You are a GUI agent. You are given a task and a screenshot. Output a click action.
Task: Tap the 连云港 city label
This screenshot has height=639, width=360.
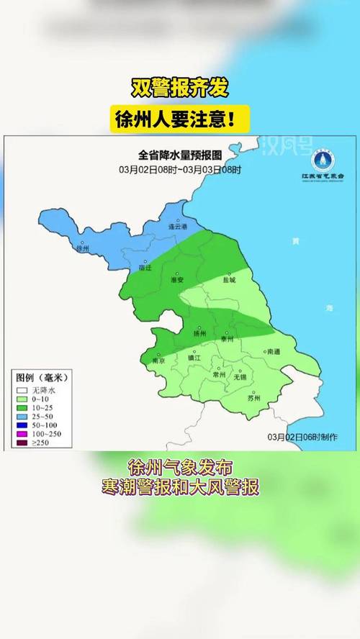177,227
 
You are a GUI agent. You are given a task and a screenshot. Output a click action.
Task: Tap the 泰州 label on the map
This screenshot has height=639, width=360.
227,337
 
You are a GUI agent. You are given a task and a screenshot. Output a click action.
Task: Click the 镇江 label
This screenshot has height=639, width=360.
194,358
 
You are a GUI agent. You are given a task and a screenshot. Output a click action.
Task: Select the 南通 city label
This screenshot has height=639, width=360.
273,352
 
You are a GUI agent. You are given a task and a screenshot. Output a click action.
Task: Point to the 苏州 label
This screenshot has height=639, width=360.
253,398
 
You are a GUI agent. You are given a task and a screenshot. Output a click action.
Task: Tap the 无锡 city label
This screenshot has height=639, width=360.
240,377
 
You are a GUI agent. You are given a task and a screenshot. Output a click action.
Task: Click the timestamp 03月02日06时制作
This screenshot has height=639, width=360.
302,436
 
